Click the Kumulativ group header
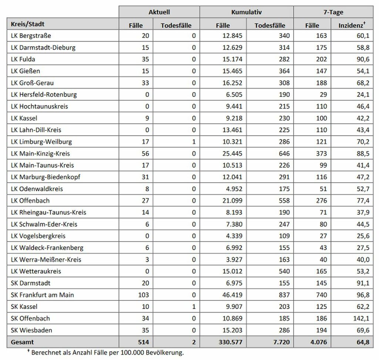[x=246, y=12]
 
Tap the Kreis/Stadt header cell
[x=28, y=24]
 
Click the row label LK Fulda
[x=23, y=59]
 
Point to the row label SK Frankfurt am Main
[x=43, y=295]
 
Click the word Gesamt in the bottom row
[x=22, y=342]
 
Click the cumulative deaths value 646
[x=284, y=153]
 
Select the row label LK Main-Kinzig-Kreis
[x=40, y=153]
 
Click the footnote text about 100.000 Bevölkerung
[x=107, y=353]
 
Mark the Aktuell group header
[x=159, y=12]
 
